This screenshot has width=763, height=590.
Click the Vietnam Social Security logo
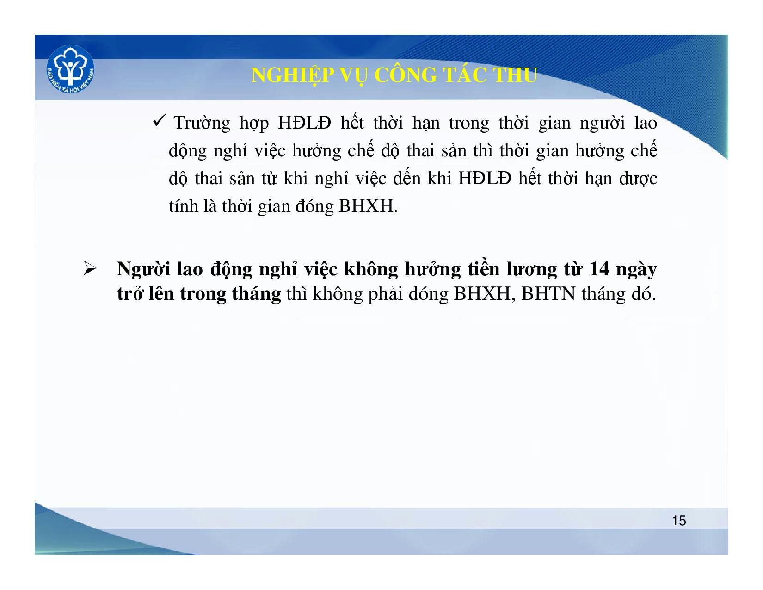click(x=70, y=69)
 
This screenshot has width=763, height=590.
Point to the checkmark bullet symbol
click(x=159, y=121)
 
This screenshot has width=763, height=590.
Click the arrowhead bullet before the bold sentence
click(x=90, y=269)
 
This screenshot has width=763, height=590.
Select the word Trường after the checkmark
click(x=202, y=123)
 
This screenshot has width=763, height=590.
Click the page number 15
click(x=679, y=521)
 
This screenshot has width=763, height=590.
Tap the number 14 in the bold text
click(x=599, y=269)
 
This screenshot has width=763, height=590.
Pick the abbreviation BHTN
click(x=548, y=294)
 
